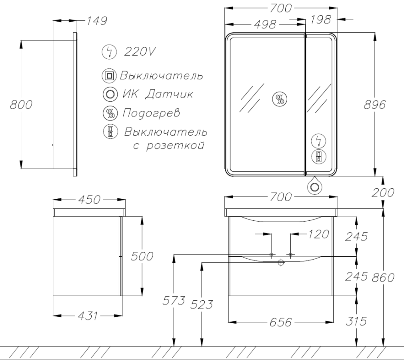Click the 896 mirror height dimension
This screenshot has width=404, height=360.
[x=375, y=105]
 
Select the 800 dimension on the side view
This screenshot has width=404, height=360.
[x=21, y=105]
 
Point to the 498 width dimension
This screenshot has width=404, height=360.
[x=265, y=24]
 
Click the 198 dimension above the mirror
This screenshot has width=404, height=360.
[x=320, y=20]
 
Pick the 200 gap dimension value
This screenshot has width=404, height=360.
[x=383, y=192]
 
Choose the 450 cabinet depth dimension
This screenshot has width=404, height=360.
[x=89, y=200]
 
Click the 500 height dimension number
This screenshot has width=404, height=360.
[x=142, y=256]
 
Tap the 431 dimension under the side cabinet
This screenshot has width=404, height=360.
[x=88, y=316]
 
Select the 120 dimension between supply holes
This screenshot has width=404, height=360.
[x=318, y=234]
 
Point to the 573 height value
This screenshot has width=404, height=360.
[x=174, y=300]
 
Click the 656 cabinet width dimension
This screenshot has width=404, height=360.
[x=281, y=322]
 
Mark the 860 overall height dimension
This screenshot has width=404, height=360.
[x=383, y=277]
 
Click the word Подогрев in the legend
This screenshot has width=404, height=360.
[x=151, y=113]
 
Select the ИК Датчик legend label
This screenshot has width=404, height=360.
[x=158, y=94]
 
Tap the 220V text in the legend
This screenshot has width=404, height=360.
[x=140, y=52]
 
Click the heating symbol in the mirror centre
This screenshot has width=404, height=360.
[x=280, y=99]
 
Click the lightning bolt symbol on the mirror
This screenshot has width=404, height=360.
[x=319, y=141]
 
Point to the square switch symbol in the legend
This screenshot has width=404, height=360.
[x=110, y=76]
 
